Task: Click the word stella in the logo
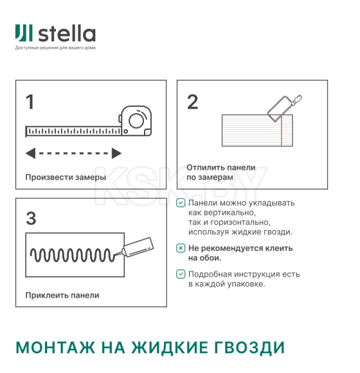66,33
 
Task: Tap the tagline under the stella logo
55,48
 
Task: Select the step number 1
30,102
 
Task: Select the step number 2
192,102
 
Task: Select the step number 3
30,218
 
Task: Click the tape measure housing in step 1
136,121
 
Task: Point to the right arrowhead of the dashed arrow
116,153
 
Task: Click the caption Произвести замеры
66,177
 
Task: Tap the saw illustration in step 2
283,105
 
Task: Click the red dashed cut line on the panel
282,132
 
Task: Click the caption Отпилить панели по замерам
221,172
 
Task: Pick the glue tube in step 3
138,246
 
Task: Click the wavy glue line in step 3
74,254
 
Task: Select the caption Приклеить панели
62,295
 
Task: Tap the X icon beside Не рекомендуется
181,248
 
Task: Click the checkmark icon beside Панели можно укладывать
181,203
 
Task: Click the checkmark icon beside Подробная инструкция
181,274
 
